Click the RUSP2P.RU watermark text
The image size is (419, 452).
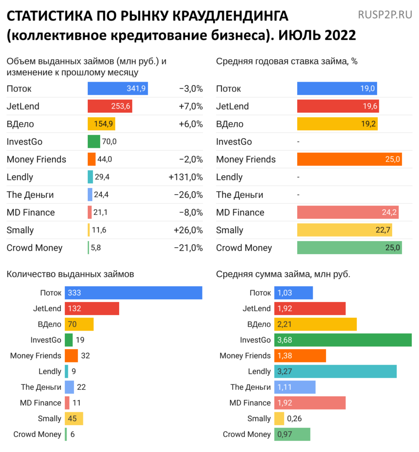click(385, 15)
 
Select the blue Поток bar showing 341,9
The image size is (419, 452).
click(118, 89)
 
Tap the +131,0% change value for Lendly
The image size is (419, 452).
click(185, 177)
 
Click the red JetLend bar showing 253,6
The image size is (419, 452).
click(110, 106)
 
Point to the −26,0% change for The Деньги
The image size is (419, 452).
click(188, 195)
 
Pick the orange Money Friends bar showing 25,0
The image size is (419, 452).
click(349, 159)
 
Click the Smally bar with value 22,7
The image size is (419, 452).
click(344, 230)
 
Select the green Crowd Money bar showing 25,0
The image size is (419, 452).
click(349, 248)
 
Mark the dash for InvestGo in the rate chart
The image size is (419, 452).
click(299, 142)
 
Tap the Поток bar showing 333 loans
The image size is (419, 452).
click(133, 293)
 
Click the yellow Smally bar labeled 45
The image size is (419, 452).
click(74, 418)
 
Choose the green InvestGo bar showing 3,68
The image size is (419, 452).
click(343, 340)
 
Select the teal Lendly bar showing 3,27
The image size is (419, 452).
click(335, 371)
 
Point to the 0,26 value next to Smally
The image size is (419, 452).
click(294, 418)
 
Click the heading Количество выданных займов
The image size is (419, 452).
click(71, 274)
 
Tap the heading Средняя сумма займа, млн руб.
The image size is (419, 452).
click(283, 274)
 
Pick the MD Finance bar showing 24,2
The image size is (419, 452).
click(348, 212)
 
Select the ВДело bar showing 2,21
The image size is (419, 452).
click(315, 324)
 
